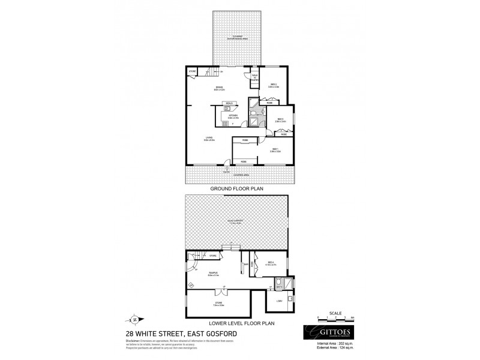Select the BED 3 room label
pyautogui.click(x=281, y=119)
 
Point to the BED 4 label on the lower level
pyautogui.click(x=271, y=263)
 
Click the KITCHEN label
pyautogui.click(x=233, y=116)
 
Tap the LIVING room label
pyautogui.click(x=209, y=139)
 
